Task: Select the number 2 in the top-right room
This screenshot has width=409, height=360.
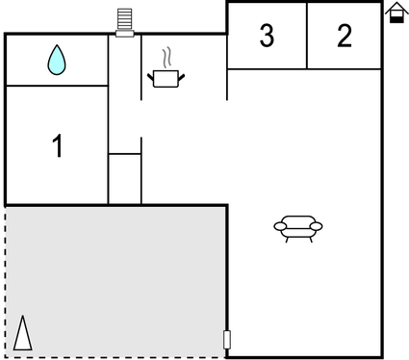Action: click(x=345, y=36)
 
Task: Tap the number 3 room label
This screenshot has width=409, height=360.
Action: click(x=267, y=36)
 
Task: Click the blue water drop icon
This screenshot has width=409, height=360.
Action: click(x=58, y=61)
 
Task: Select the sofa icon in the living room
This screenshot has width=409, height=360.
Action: click(x=298, y=227)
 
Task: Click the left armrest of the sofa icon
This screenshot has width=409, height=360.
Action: click(x=280, y=227)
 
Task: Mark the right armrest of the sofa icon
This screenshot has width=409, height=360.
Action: click(x=317, y=227)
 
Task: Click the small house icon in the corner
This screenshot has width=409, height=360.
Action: click(x=395, y=13)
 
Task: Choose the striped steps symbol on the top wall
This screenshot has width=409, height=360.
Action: click(x=124, y=20)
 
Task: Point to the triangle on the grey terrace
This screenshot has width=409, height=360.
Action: click(x=22, y=333)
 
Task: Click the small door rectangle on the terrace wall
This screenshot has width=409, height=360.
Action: click(x=227, y=339)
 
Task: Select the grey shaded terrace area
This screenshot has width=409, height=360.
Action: click(x=115, y=279)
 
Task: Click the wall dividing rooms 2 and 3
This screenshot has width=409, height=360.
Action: click(x=307, y=36)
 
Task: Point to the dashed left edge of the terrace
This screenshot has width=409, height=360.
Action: click(x=6, y=279)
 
